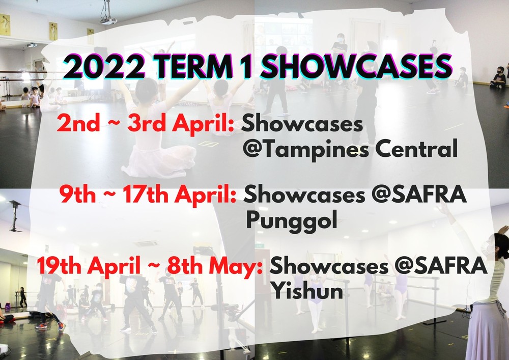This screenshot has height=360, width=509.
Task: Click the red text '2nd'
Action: click(78, 124)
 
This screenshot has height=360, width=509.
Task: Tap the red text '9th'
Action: click(77, 195)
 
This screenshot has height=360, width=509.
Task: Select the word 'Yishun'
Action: click(307, 291)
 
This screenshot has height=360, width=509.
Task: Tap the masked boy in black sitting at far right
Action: click(498, 77)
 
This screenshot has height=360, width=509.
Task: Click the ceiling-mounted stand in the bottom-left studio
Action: click(15, 215)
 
